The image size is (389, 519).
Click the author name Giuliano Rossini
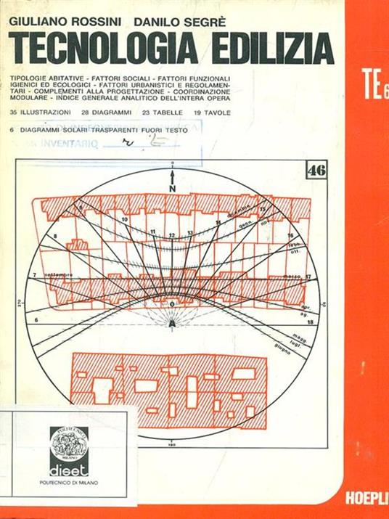tap(63, 23)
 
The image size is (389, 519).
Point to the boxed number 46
tap(316, 171)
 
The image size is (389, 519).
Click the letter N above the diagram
tap(172, 188)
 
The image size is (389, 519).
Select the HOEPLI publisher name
tap(367, 501)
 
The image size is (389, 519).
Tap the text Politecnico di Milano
tap(69, 483)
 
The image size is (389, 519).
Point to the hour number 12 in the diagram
tap(171, 235)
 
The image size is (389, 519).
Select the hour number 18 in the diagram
tap(309, 320)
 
